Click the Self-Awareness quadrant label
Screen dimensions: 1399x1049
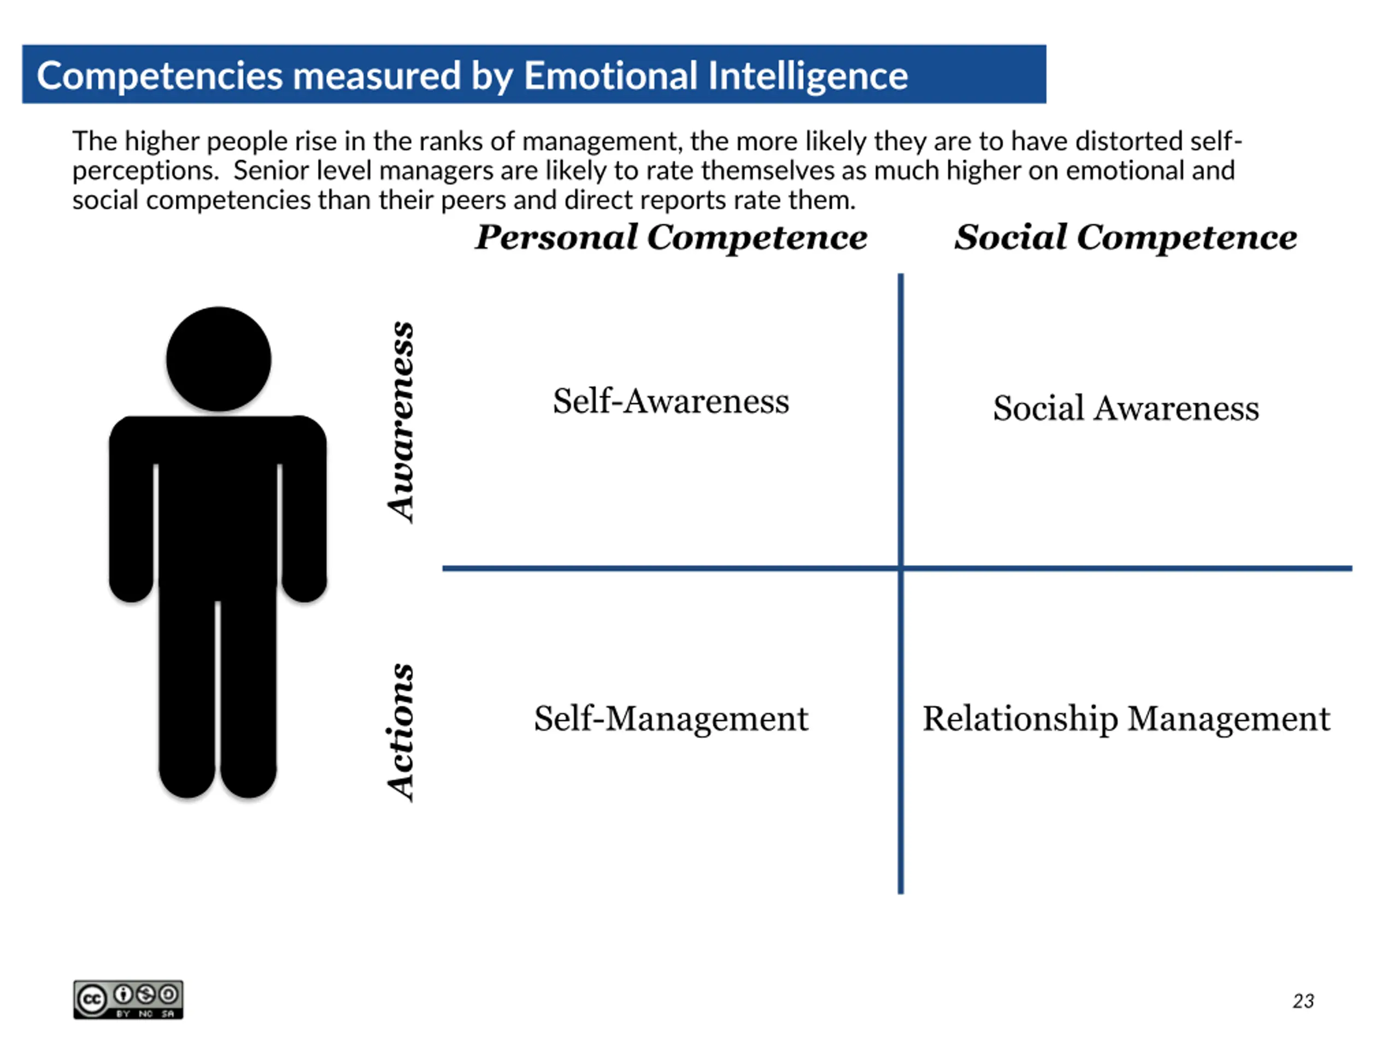click(x=671, y=401)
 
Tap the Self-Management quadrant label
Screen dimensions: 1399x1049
click(x=671, y=719)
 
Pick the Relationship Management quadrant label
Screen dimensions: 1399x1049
click(x=1126, y=719)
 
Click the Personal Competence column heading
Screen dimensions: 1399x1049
click(x=671, y=237)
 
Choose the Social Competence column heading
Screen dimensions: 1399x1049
click(x=1126, y=237)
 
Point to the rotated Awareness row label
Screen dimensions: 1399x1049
click(x=401, y=422)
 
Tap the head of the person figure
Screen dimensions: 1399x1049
click(x=219, y=359)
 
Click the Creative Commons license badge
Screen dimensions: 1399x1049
click(x=128, y=999)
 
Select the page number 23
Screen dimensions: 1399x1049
click(x=1303, y=1001)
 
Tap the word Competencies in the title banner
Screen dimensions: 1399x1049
click(x=160, y=76)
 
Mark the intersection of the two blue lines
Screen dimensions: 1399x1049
click(x=901, y=568)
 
